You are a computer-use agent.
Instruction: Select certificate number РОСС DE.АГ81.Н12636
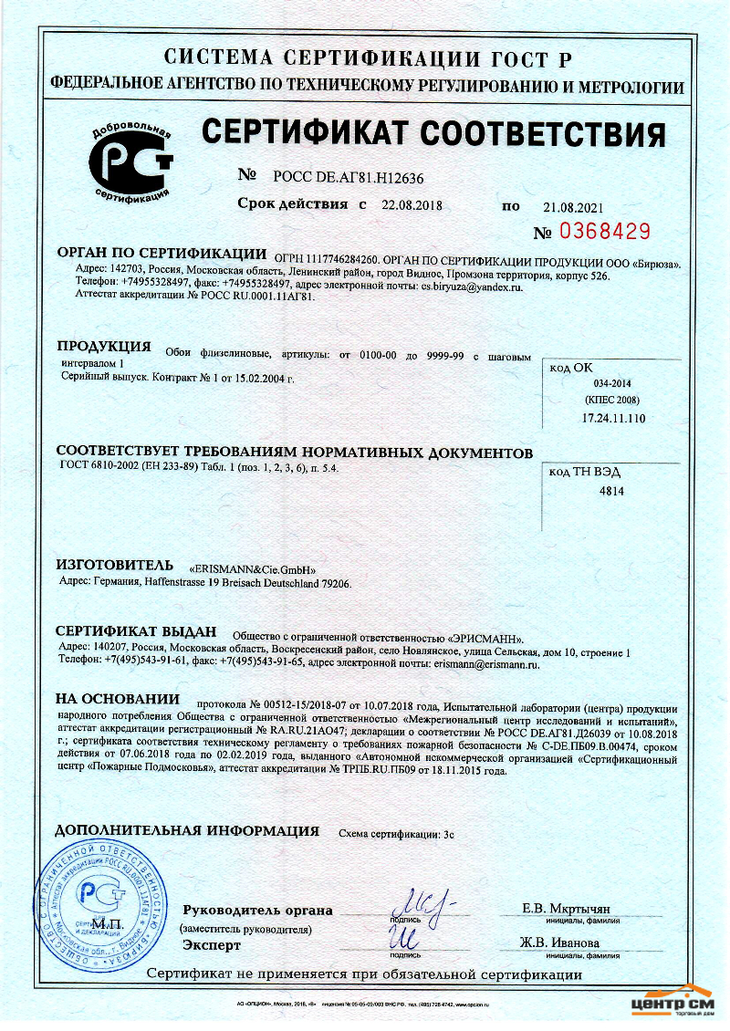[x=342, y=178]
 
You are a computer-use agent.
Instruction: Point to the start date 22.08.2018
[x=412, y=206]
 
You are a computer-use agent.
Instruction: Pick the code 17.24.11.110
[x=613, y=418]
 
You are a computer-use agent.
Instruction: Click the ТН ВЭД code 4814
[x=610, y=491]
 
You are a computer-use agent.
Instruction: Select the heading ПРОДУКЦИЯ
[x=103, y=347]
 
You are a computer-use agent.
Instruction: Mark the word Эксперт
[x=212, y=945]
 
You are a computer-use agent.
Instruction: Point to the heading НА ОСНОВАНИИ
[x=118, y=699]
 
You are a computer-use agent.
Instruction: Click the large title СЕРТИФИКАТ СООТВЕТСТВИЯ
[x=433, y=135]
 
